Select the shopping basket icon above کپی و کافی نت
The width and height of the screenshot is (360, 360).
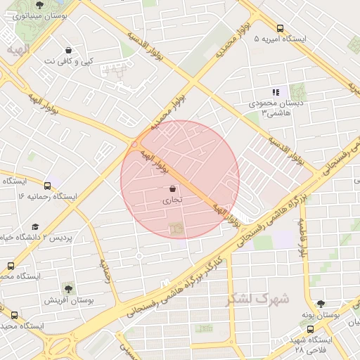[x=68, y=50]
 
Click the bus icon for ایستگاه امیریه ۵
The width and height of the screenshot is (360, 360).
[x=280, y=29]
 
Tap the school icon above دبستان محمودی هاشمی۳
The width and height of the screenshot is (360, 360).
[x=276, y=92]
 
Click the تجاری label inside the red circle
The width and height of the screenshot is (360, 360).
[x=172, y=200]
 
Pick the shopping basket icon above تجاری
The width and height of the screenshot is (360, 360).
[x=173, y=188]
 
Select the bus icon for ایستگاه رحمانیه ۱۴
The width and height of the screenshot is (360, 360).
[x=47, y=186]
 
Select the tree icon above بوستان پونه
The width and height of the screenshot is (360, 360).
[x=321, y=304]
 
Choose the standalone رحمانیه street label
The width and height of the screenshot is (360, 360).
[x=107, y=270]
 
